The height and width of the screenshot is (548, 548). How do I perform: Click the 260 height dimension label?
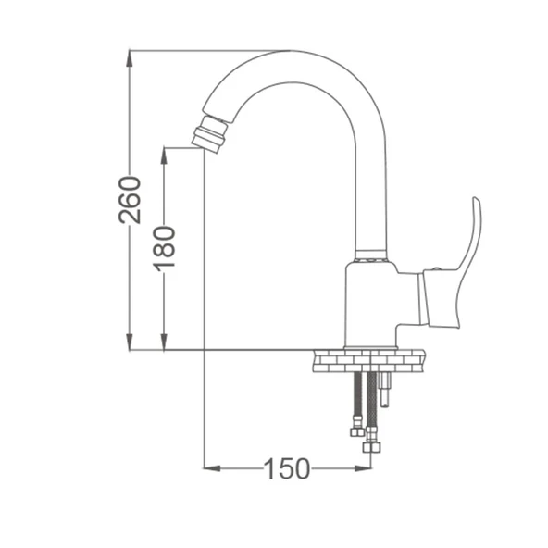(x=130, y=200)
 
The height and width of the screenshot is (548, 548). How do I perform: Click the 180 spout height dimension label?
(x=164, y=249)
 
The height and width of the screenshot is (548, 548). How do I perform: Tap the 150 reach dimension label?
(x=287, y=468)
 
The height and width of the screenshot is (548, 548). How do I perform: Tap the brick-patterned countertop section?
(x=369, y=361)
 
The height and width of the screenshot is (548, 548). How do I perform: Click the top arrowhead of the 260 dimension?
(x=130, y=58)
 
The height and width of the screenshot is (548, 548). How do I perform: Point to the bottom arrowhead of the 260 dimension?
(x=130, y=342)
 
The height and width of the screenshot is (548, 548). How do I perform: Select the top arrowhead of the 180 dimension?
(x=164, y=156)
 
